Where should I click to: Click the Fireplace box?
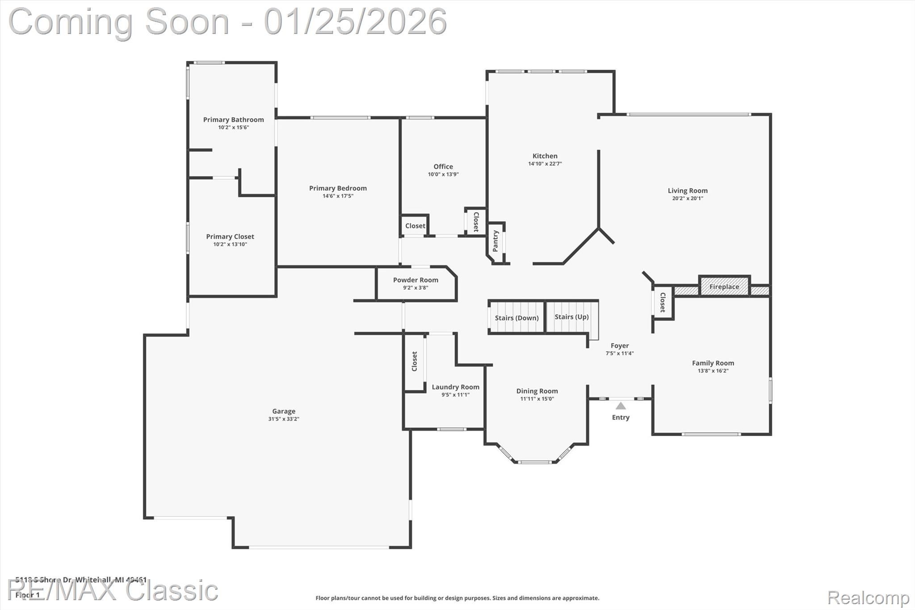724,286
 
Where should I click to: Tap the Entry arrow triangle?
621,406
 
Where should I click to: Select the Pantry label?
495,241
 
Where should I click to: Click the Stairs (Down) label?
516,318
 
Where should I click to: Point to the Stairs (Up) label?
571,316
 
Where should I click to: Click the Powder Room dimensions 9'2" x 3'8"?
416,288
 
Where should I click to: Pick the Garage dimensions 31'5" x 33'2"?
284,419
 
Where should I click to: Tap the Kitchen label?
545,156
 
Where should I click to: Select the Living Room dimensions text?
687,198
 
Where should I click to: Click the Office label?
443,166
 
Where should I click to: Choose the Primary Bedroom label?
338,188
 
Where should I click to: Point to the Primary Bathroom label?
233,119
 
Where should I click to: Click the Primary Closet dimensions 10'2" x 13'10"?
230,244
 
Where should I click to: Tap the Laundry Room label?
455,387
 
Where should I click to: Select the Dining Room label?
537,391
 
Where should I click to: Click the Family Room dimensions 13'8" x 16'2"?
713,371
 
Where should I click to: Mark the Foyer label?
620,345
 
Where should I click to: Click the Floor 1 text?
28,595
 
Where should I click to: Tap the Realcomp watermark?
868,597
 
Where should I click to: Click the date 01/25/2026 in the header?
355,21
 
